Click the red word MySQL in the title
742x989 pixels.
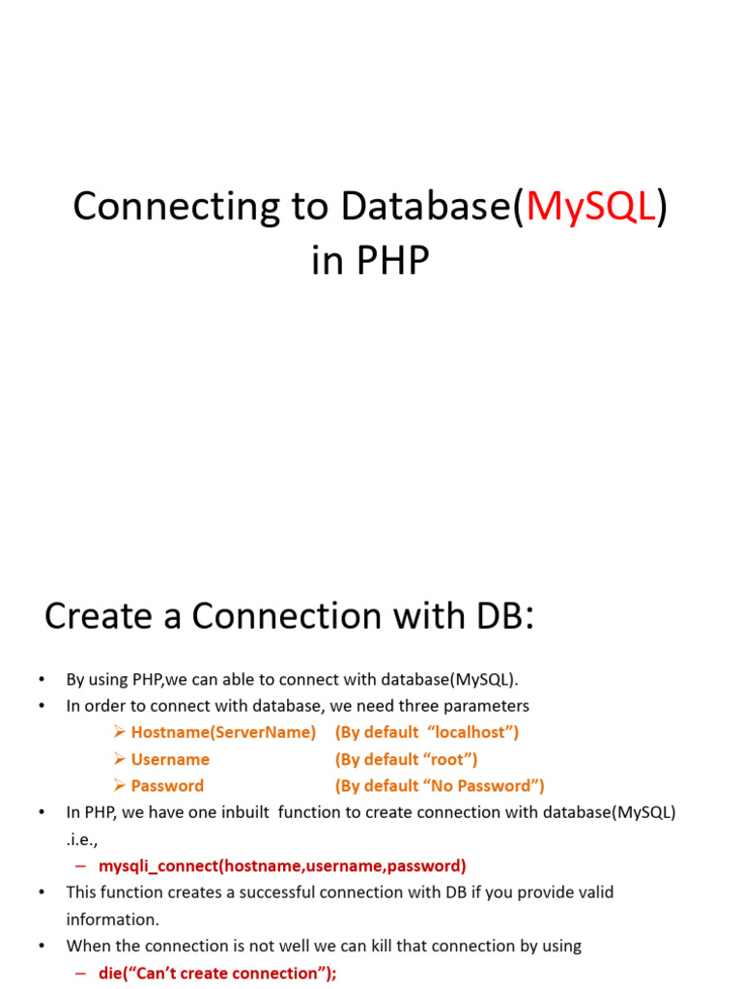(590, 207)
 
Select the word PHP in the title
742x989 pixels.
(390, 261)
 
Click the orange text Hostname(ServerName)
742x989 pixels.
(223, 732)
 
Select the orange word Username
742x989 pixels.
(170, 759)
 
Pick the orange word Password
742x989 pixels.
(167, 786)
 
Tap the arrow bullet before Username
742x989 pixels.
(119, 759)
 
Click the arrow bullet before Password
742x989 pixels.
(119, 786)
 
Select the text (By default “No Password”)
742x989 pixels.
(440, 786)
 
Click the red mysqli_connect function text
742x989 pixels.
(282, 865)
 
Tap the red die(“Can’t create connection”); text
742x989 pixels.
(217, 974)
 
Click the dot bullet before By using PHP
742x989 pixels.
(42, 680)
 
